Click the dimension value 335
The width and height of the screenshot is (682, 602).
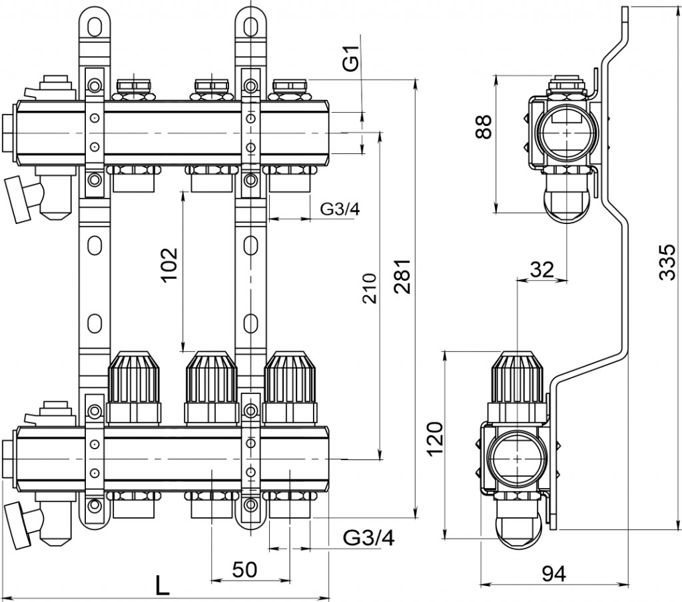click(667, 262)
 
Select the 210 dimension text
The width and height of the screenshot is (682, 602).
click(370, 288)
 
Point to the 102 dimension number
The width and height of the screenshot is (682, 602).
click(169, 265)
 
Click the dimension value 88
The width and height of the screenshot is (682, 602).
click(484, 127)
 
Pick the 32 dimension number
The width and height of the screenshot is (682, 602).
click(542, 269)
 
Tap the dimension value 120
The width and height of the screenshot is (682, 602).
click(434, 438)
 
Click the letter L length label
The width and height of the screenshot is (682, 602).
click(162, 585)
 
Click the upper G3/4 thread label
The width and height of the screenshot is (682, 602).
click(340, 209)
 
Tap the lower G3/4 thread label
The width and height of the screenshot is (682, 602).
click(369, 537)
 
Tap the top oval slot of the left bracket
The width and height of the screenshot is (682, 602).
click(95, 25)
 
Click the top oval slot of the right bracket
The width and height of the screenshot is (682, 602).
click(250, 25)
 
